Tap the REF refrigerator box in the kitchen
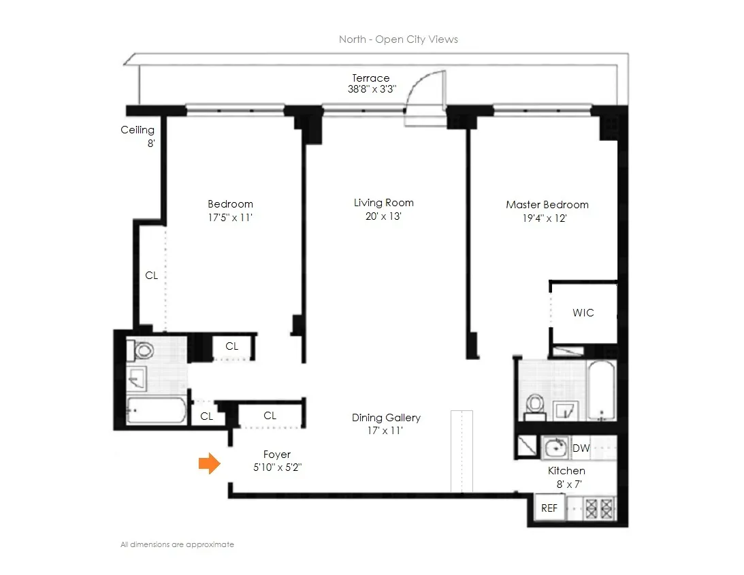[549, 508]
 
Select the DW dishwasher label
[581, 448]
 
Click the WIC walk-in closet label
[583, 313]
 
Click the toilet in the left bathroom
[144, 351]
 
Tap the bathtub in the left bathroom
[156, 410]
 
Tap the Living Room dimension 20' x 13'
[383, 216]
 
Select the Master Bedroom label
[547, 204]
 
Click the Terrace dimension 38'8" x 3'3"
[371, 89]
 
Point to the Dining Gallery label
[386, 418]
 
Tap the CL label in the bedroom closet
[151, 276]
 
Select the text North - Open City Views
[398, 39]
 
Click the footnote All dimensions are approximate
[177, 544]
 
